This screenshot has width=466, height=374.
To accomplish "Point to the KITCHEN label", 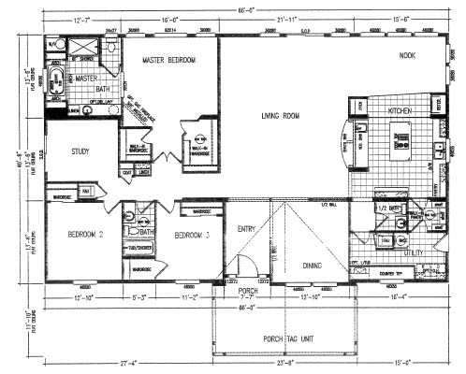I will click(401, 111).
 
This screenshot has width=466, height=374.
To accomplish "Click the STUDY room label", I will click(80, 150).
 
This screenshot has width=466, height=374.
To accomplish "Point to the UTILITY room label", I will click(413, 252).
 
